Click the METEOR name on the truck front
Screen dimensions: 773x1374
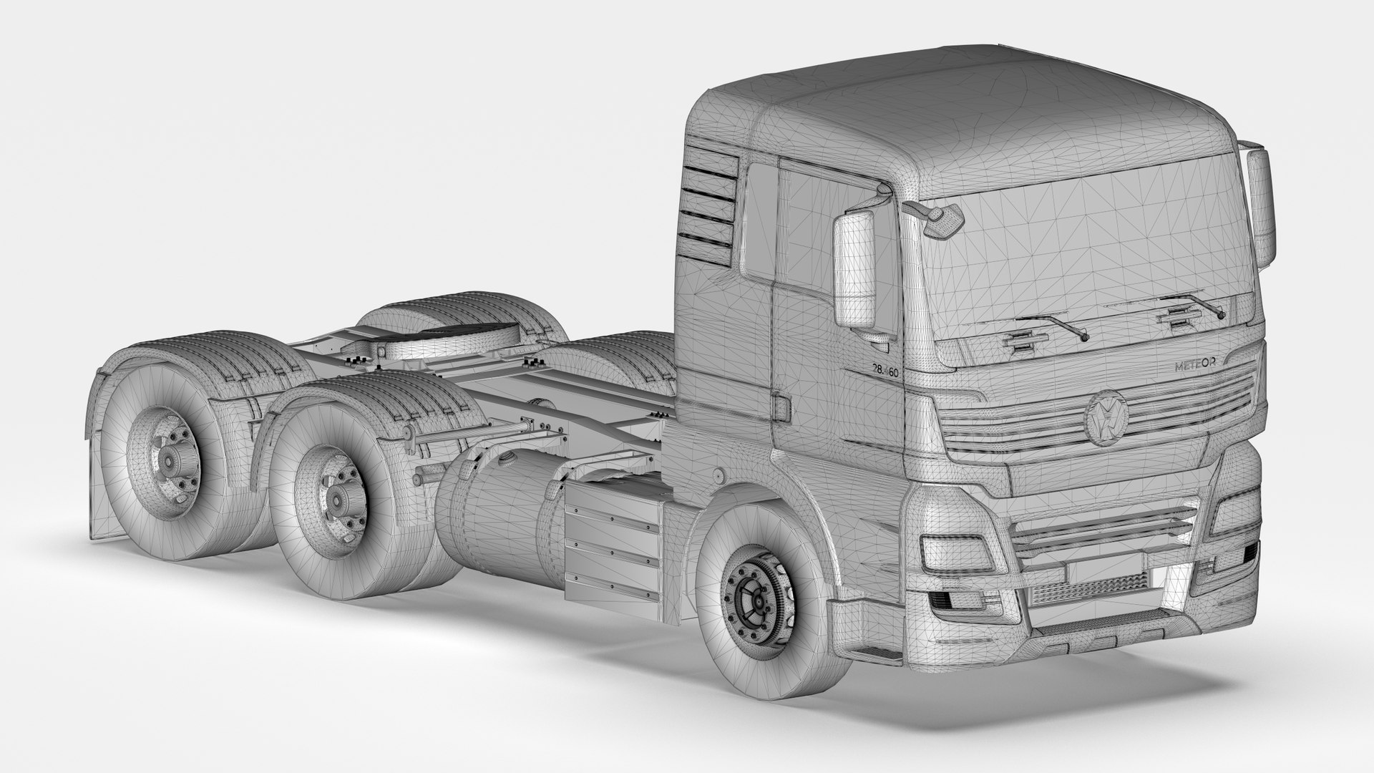pos(1199,366)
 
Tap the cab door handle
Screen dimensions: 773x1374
pos(782,407)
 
